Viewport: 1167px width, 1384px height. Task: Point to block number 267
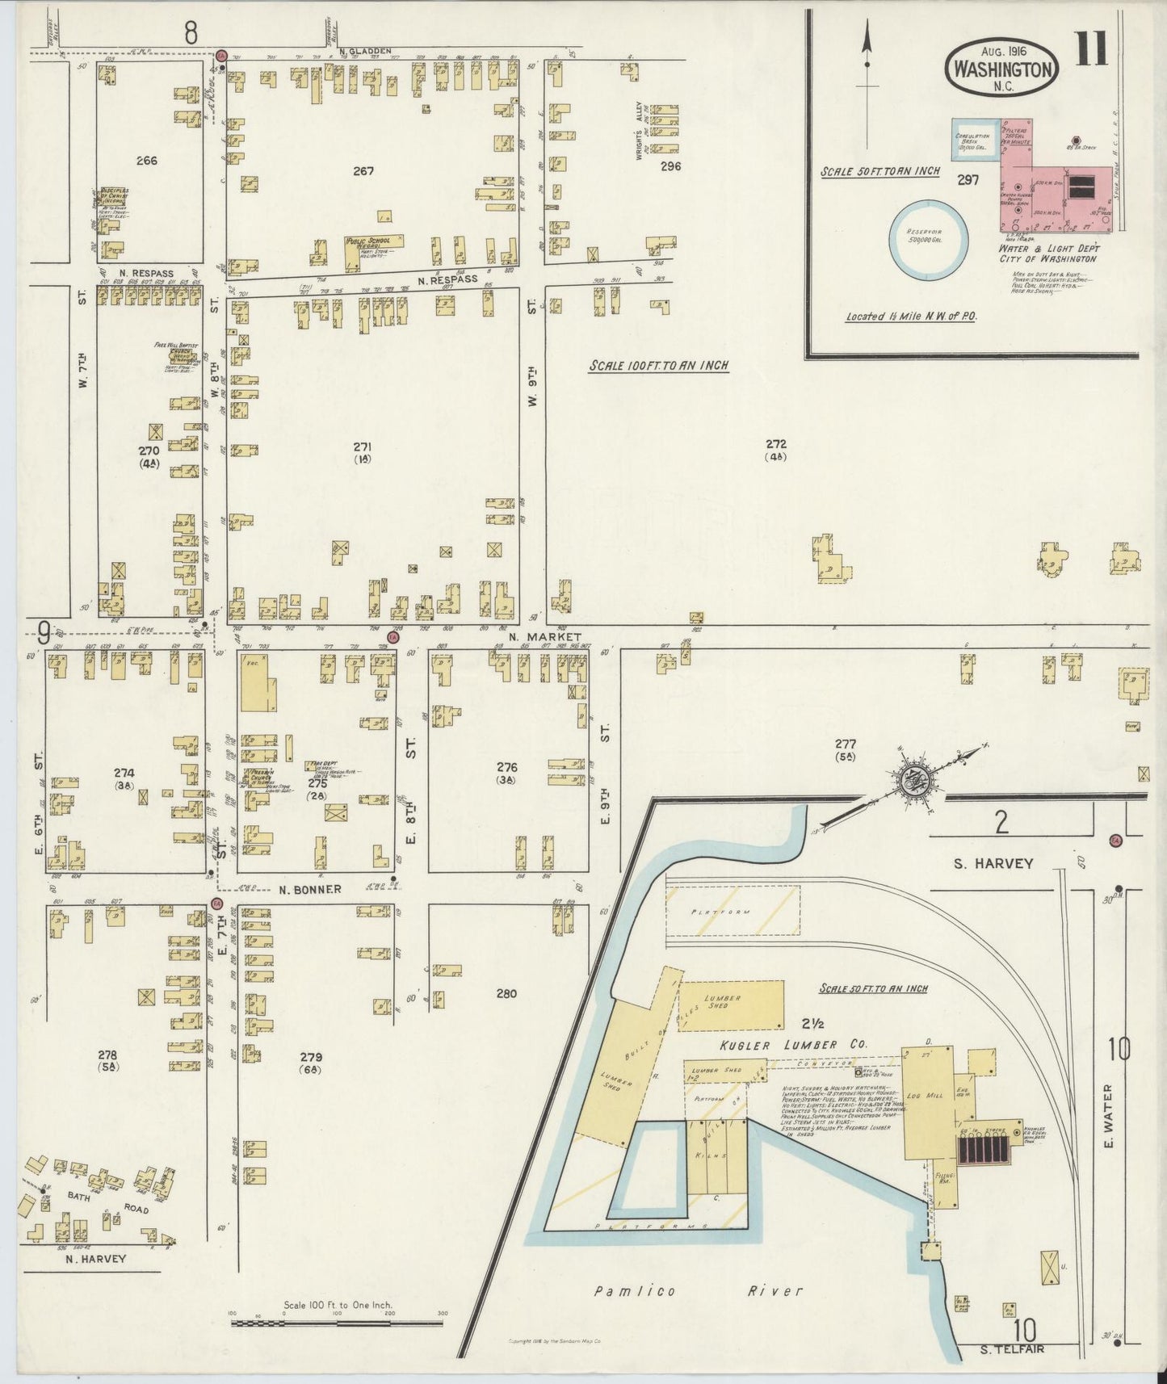click(x=363, y=171)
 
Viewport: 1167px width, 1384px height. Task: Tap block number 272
click(x=776, y=444)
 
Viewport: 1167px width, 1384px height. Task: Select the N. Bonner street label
click(x=310, y=889)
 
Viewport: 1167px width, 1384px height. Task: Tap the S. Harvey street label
click(x=993, y=863)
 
